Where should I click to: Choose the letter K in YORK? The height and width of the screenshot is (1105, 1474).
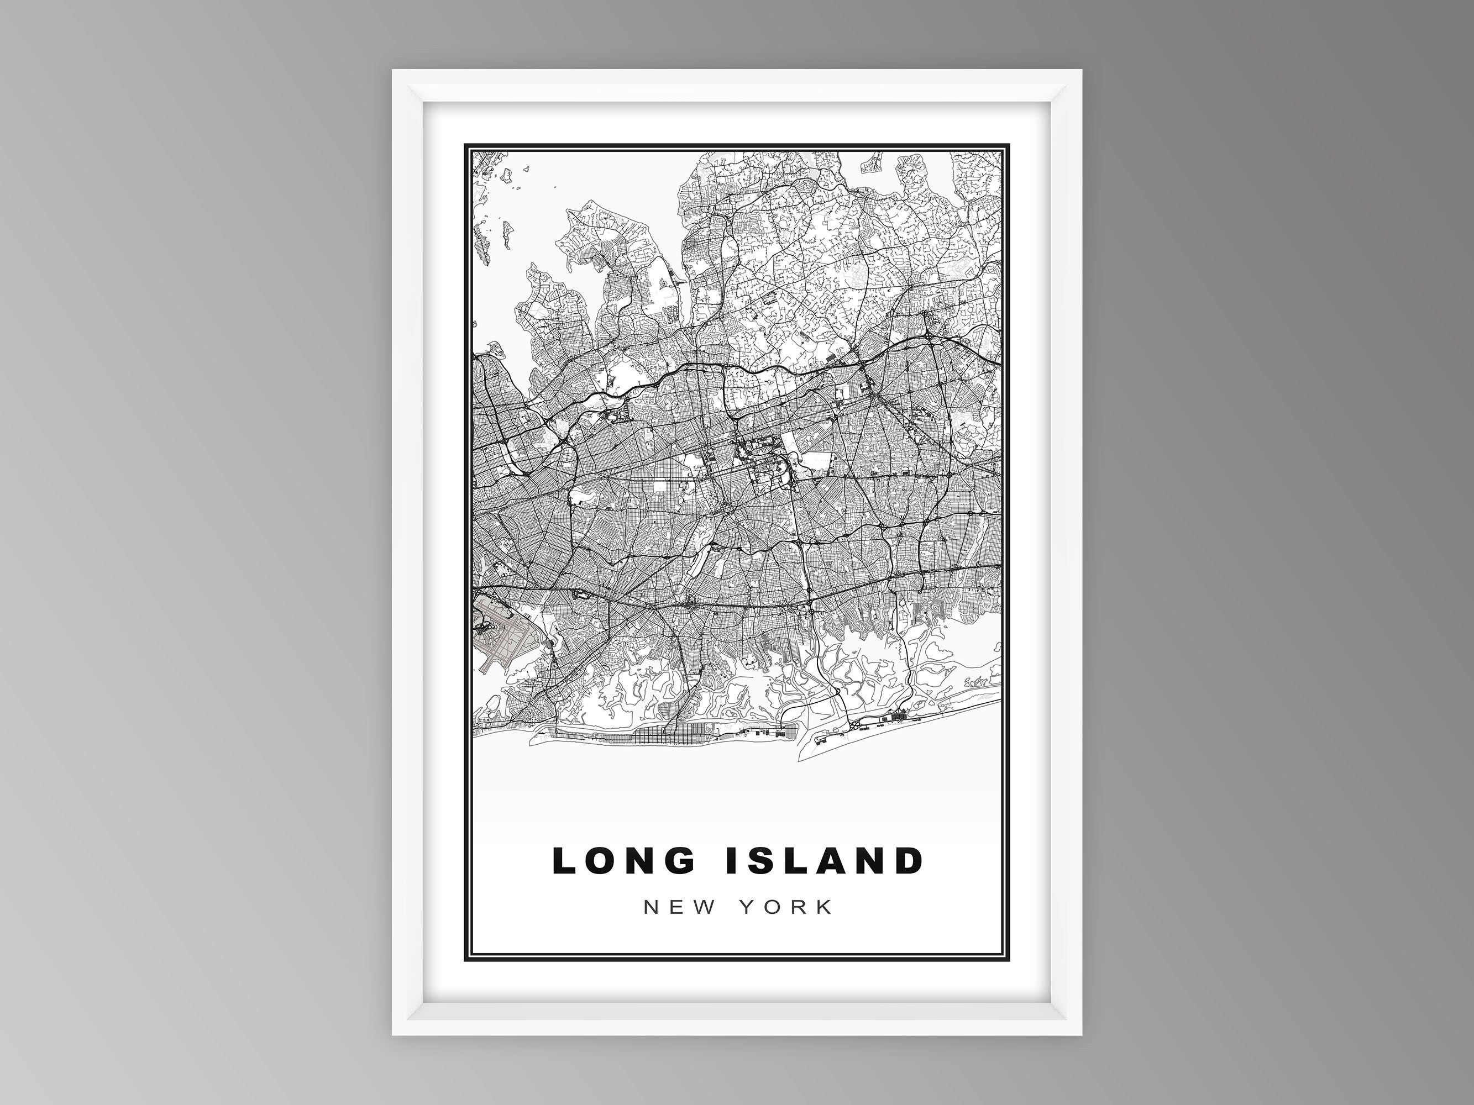pyautogui.click(x=825, y=908)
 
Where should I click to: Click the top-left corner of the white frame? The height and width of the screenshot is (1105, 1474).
pyautogui.click(x=393, y=71)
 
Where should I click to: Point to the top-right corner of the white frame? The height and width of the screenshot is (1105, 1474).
pyautogui.click(x=1081, y=71)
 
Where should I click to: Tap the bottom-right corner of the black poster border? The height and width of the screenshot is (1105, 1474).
pyautogui.click(x=1009, y=960)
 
